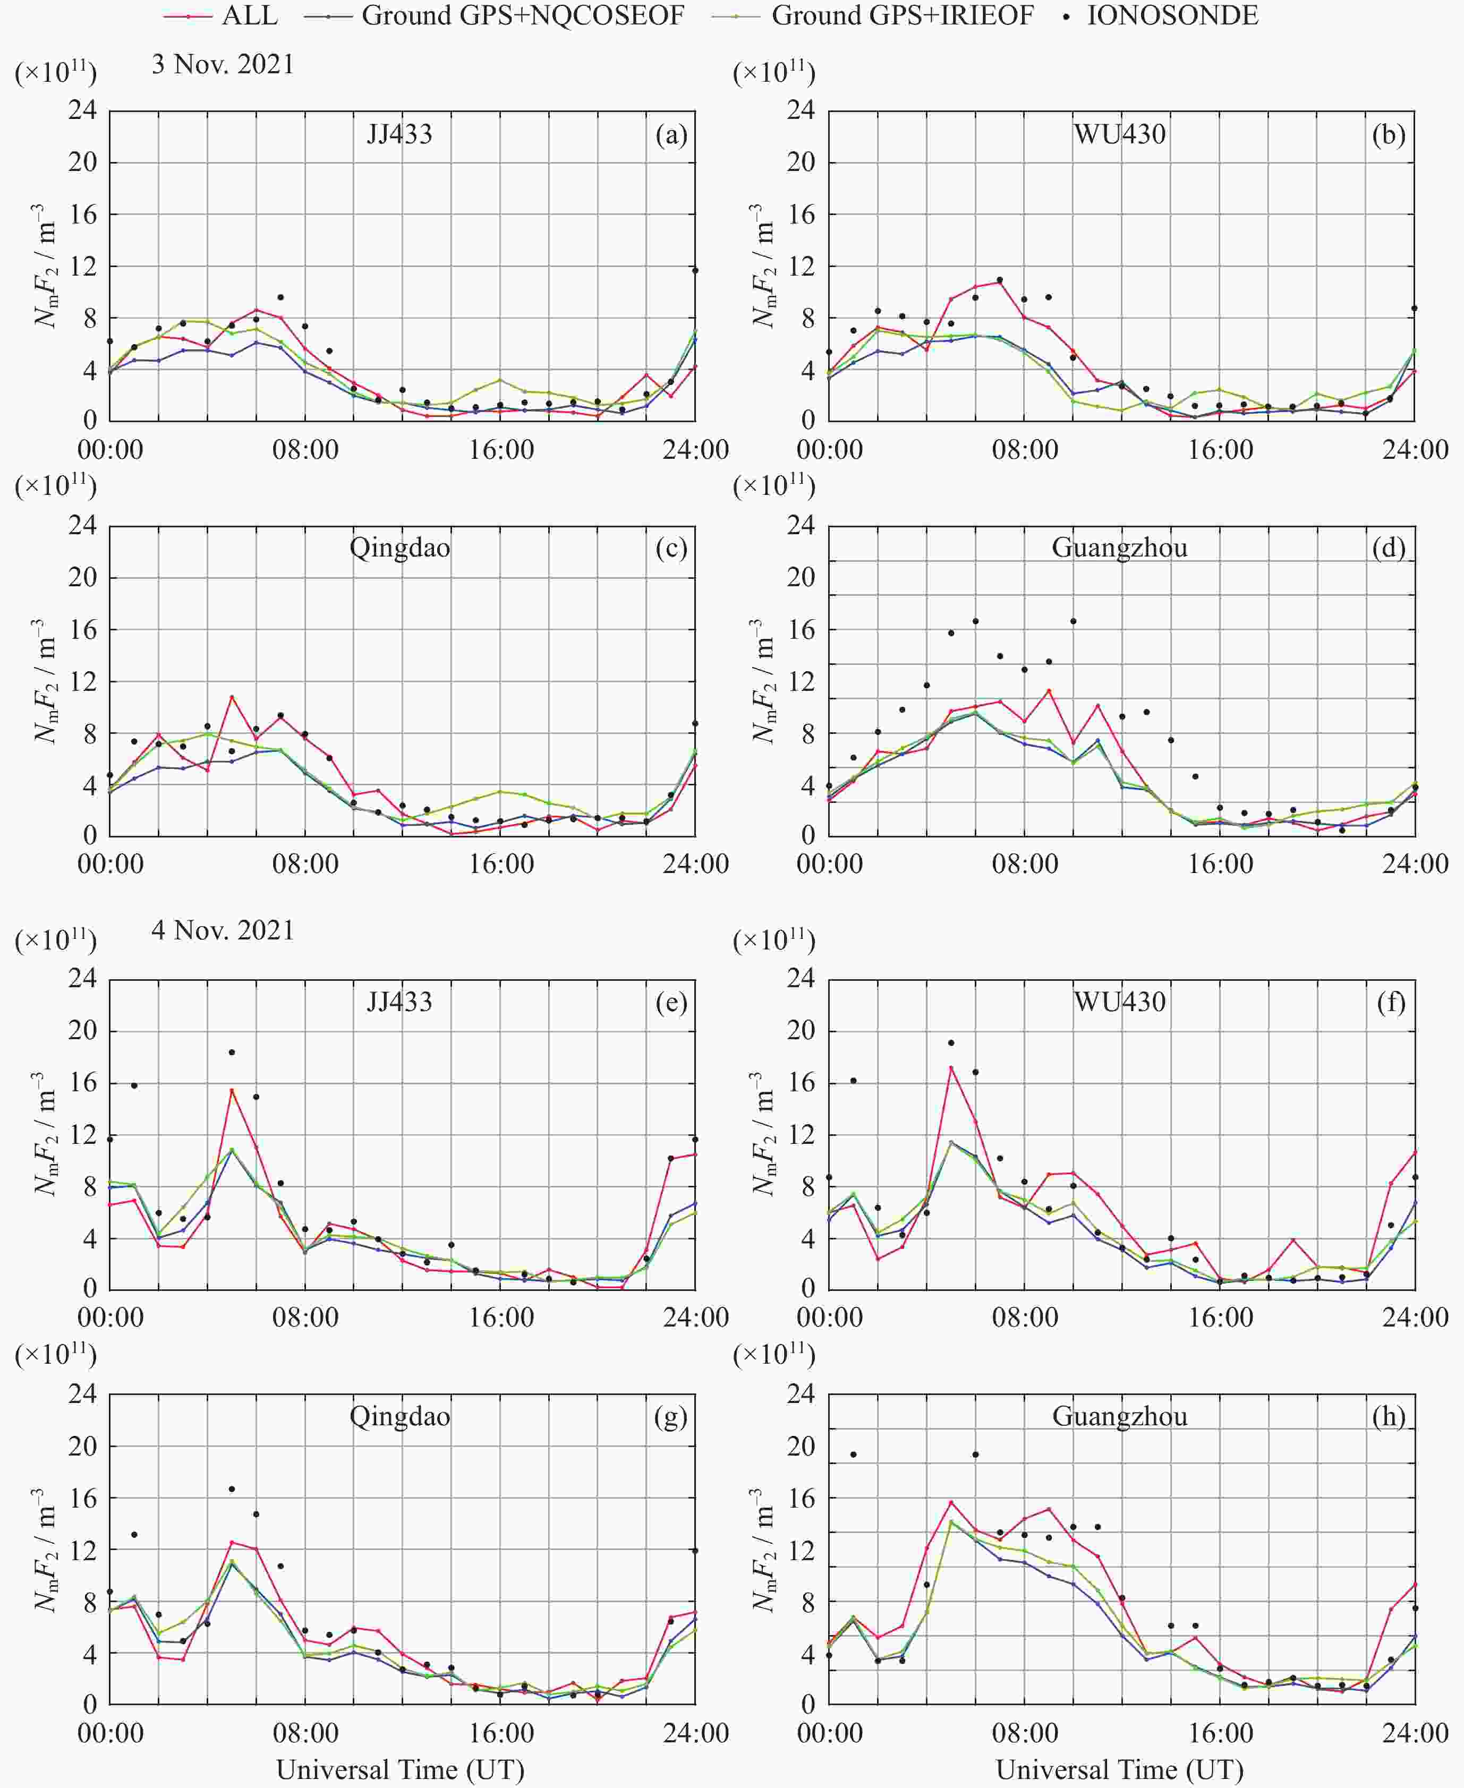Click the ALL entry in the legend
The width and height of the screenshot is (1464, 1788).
click(249, 15)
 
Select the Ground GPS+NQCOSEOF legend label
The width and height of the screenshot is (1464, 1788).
click(522, 15)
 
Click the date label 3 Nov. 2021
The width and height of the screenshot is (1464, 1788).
click(223, 65)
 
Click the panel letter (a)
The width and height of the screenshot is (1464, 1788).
click(671, 135)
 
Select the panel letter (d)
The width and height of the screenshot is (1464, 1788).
click(1388, 548)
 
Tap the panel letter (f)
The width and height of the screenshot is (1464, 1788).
click(1390, 1002)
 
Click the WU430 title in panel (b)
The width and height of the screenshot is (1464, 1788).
click(1119, 135)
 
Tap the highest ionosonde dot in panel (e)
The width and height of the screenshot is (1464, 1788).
click(232, 1052)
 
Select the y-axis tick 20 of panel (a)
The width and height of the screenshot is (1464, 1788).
click(83, 162)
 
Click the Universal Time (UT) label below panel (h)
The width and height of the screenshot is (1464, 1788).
click(1119, 1768)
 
